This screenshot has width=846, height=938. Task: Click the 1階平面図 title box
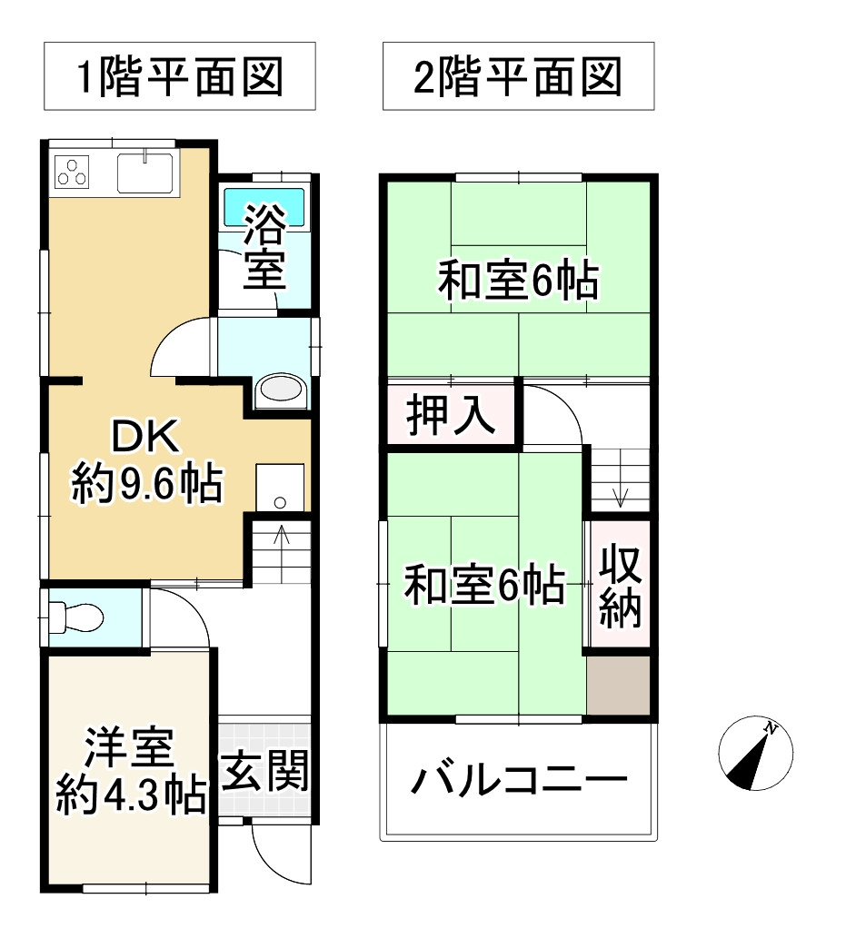tap(179, 76)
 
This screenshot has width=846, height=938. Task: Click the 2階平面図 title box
tap(518, 76)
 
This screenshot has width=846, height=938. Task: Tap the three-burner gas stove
tap(73, 171)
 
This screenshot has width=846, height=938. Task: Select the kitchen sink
tap(145, 171)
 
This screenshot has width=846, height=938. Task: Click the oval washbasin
tap(282, 391)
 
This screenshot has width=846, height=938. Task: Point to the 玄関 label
tap(265, 774)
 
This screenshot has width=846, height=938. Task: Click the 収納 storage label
tap(620, 586)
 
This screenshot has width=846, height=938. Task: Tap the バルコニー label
tap(519, 780)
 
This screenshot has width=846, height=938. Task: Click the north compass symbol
tap(755, 756)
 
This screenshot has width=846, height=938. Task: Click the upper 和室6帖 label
tap(518, 281)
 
